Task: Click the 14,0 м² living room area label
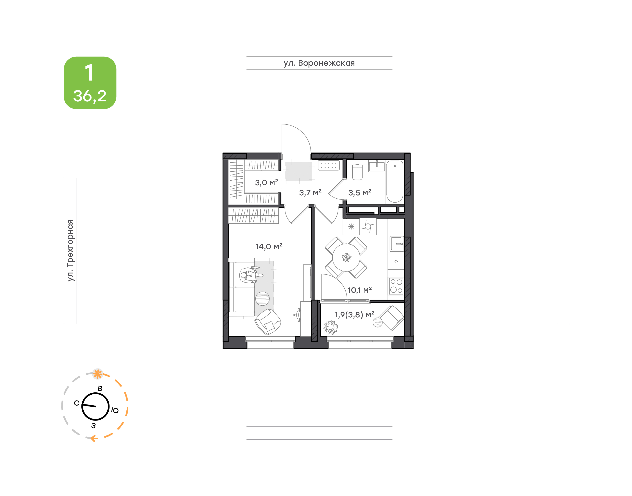pyautogui.click(x=269, y=246)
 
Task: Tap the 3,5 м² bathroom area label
pyautogui.click(x=359, y=192)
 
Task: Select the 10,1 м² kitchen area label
pyautogui.click(x=359, y=290)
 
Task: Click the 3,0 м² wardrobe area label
pyautogui.click(x=266, y=183)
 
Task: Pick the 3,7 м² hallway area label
pyautogui.click(x=310, y=192)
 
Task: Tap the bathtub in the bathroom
pyautogui.click(x=395, y=181)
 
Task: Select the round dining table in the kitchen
pyautogui.click(x=346, y=257)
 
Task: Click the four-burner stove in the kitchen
pyautogui.click(x=396, y=286)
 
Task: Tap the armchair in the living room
pyautogui.click(x=268, y=322)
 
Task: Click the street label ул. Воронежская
pyautogui.click(x=319, y=63)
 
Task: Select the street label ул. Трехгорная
pyautogui.click(x=70, y=250)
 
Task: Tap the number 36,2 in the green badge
pyautogui.click(x=90, y=96)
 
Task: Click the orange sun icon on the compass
pyautogui.click(x=98, y=374)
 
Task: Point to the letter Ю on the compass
pyautogui.click(x=115, y=410)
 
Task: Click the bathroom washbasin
pyautogui.click(x=377, y=166)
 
